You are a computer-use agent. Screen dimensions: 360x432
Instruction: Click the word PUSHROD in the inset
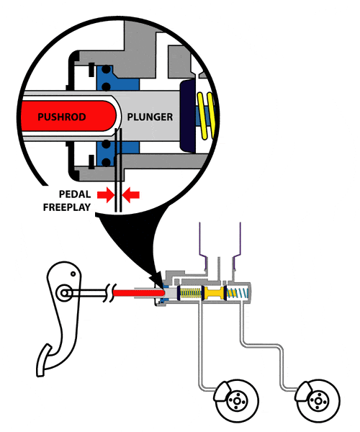pos(61,117)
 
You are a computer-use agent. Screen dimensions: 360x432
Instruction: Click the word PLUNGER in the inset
pos(150,117)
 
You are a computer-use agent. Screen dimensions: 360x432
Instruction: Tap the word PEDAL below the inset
pos(75,194)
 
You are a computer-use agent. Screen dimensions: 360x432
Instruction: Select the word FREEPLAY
pos(67,207)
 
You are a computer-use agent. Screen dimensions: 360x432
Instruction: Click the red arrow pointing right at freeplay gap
pos(106,195)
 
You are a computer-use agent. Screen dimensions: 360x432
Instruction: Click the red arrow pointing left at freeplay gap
pos(131,195)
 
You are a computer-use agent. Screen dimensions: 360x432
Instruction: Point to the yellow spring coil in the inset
pos(206,115)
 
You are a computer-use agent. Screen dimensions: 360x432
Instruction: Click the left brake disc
pos(237,401)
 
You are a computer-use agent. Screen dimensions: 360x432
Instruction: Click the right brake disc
pos(318,401)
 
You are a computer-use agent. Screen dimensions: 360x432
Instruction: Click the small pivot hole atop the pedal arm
pos(73,274)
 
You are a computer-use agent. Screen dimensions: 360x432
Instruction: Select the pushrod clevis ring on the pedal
pos(65,293)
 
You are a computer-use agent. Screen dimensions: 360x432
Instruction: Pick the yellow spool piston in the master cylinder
pos(214,293)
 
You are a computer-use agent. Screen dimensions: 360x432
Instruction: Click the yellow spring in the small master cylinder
pos(191,293)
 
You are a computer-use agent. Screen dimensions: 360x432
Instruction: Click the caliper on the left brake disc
pos(221,392)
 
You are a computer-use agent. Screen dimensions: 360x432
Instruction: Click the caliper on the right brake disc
pos(302,392)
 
